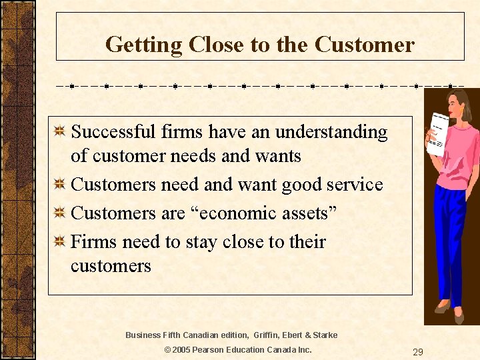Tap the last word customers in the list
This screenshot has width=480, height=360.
pyautogui.click(x=111, y=266)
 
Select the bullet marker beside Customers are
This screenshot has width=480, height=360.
pyautogui.click(x=60, y=213)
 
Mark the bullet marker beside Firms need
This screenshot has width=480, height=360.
pyautogui.click(x=60, y=241)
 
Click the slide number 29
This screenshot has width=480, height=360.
pyautogui.click(x=417, y=352)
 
